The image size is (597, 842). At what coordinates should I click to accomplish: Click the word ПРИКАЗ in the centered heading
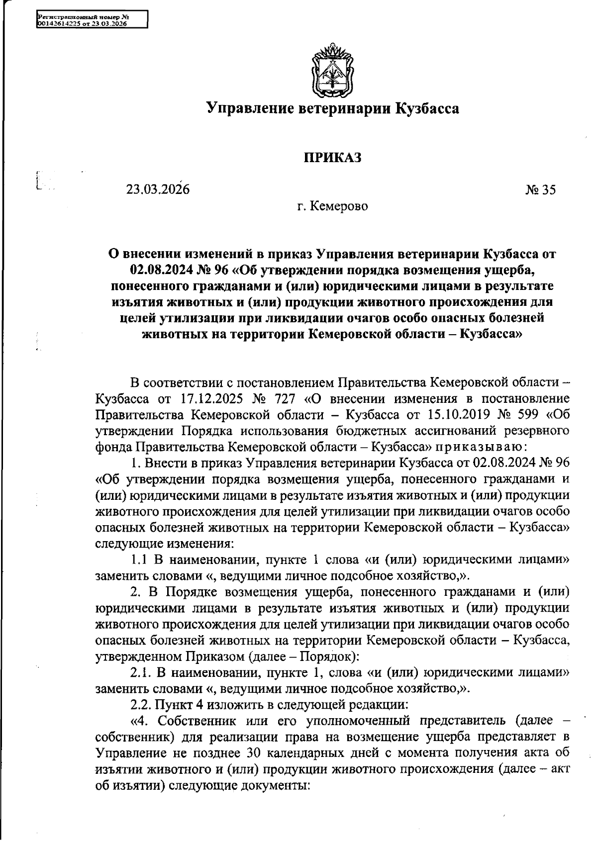coord(332,158)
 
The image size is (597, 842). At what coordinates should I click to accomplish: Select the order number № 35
coord(540,190)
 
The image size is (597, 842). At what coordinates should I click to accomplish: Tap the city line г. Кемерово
coord(332,205)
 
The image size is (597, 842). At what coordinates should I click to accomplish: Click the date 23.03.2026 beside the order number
coord(158,189)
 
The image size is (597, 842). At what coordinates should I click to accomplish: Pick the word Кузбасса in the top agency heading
coord(427,108)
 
